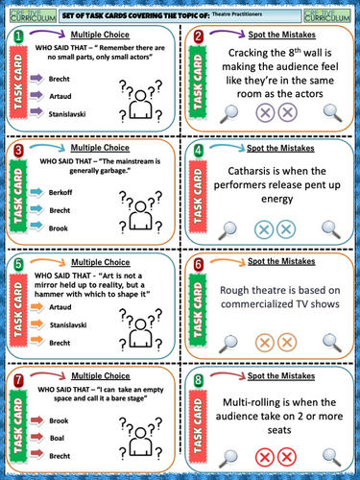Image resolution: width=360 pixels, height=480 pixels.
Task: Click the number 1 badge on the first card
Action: [x=18, y=36]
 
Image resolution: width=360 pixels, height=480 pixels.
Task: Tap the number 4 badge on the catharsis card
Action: [x=198, y=151]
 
